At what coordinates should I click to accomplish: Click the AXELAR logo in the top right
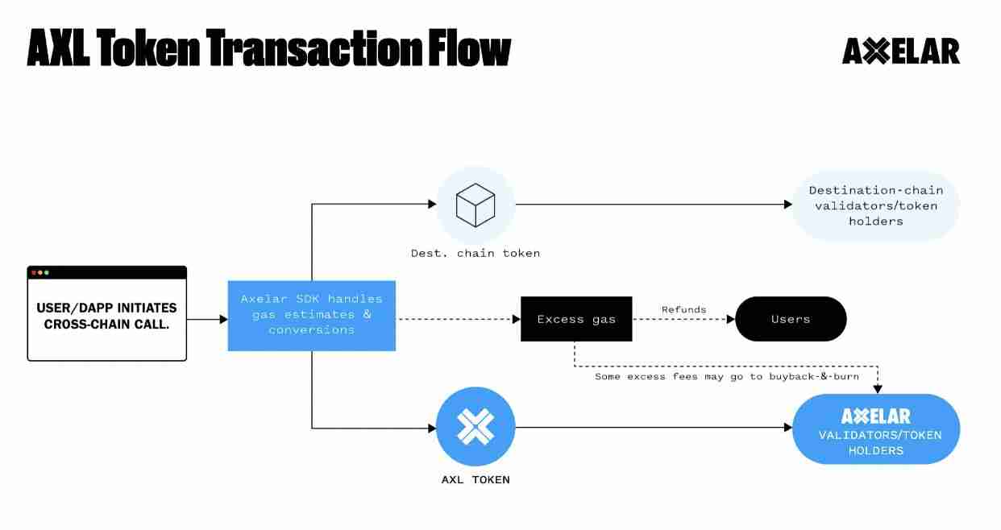pyautogui.click(x=900, y=52)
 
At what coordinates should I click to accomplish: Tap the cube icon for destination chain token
pyautogui.click(x=475, y=205)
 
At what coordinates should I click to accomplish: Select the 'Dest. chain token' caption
pyautogui.click(x=475, y=253)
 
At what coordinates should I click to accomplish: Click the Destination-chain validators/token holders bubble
pyautogui.click(x=875, y=205)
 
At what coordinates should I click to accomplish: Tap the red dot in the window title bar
pyautogui.click(x=34, y=273)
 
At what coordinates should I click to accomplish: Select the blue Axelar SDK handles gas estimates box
pyautogui.click(x=311, y=315)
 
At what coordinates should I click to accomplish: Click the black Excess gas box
pyautogui.click(x=575, y=319)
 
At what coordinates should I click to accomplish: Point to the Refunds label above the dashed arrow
pyautogui.click(x=683, y=309)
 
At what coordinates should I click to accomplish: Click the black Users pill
pyautogui.click(x=790, y=319)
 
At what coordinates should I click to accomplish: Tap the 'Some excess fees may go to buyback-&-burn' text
pyautogui.click(x=726, y=376)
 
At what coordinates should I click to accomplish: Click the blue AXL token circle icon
pyautogui.click(x=475, y=427)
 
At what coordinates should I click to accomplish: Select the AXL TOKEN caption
pyautogui.click(x=475, y=479)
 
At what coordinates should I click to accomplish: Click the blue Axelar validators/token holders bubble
pyautogui.click(x=876, y=429)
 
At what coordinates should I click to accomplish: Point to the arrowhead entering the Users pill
pyautogui.click(x=731, y=319)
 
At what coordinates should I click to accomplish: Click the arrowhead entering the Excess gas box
pyautogui.click(x=516, y=319)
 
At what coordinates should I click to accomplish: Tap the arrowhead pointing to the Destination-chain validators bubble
pyautogui.click(x=788, y=205)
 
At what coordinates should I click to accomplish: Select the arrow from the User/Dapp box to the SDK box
pyautogui.click(x=207, y=319)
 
